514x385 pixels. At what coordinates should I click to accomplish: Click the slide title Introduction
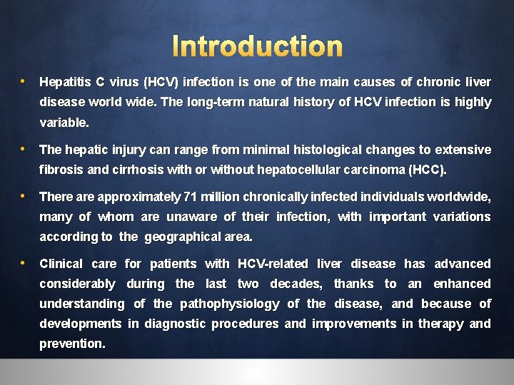[x=258, y=46]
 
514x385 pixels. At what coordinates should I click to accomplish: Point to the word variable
[x=64, y=123]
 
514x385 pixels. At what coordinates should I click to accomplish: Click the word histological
[x=327, y=150]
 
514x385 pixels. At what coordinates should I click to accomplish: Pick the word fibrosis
[x=61, y=170]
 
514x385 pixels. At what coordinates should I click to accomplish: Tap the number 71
[x=191, y=197]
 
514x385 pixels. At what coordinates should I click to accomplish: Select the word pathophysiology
[x=229, y=304]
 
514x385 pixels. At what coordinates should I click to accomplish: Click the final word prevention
[x=71, y=344]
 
